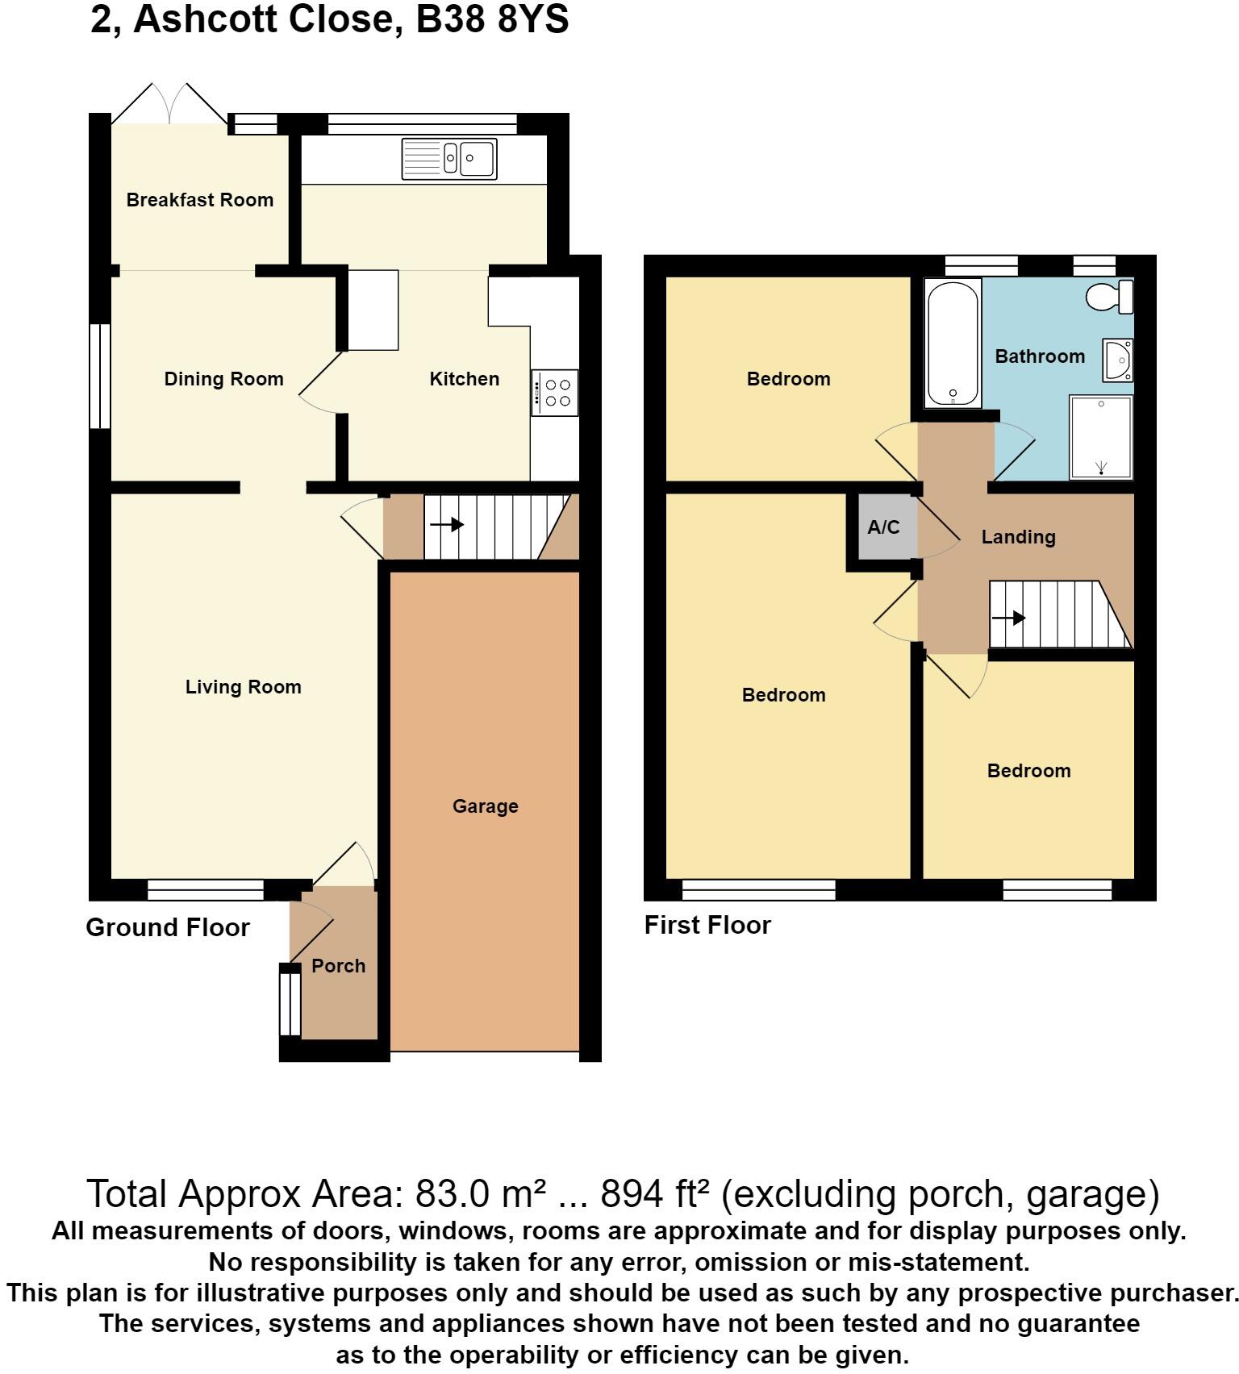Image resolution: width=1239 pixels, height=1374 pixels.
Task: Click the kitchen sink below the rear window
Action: coord(449,158)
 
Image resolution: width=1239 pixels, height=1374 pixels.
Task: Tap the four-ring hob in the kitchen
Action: coord(555,393)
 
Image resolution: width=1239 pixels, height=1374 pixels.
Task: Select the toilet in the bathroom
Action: coord(1111,298)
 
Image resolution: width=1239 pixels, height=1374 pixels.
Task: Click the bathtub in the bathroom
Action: coord(953,343)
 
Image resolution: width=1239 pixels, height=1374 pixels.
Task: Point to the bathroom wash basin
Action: coord(1118,360)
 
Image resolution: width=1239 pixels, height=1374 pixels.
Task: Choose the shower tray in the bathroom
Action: coord(1101,436)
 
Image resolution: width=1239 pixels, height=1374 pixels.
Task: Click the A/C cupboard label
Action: coord(883,527)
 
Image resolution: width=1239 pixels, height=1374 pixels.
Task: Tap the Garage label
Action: coord(485,806)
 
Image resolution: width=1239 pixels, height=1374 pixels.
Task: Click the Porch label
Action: coord(338,966)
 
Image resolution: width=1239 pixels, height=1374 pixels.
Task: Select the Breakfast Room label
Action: coord(199,200)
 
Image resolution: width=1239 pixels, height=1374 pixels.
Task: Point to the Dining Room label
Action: coord(223,379)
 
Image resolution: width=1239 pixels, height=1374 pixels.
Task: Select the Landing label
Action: coord(1018,537)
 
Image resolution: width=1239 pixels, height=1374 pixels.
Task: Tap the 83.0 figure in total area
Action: coord(452,1194)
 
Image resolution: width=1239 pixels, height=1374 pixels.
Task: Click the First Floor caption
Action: coord(707,925)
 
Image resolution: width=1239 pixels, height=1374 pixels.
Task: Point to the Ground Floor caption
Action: coord(168,927)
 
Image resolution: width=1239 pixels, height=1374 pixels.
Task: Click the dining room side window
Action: coord(99,377)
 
